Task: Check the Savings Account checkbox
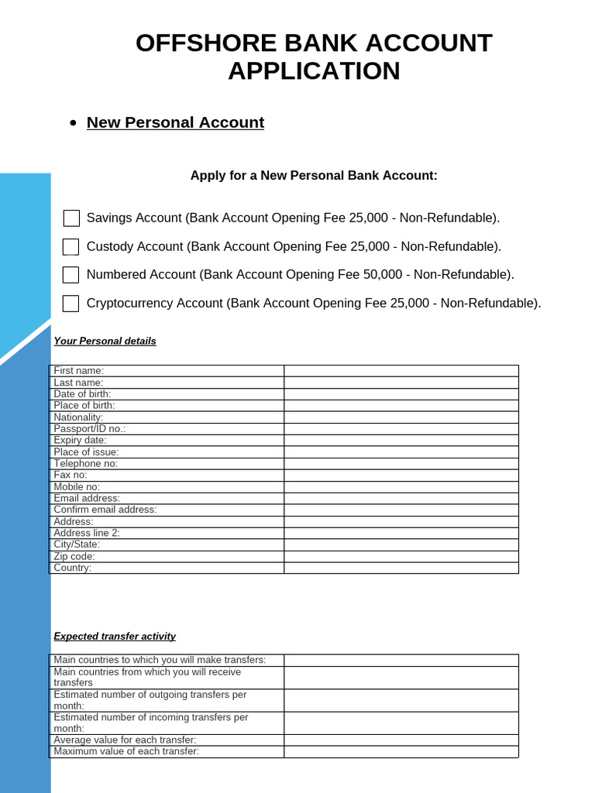(71, 218)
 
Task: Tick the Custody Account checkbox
(71, 247)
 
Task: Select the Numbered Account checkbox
(71, 275)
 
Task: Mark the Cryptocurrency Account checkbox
(71, 304)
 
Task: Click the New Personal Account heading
(175, 122)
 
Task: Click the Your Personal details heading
(105, 341)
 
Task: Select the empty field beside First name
(401, 371)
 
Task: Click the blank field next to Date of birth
(401, 394)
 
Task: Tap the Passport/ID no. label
(89, 428)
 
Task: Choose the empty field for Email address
(401, 498)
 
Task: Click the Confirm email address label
(105, 510)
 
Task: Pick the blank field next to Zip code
(401, 556)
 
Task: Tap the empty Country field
(401, 568)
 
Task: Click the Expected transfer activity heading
(115, 637)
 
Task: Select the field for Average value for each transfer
(401, 740)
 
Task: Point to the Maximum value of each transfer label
(126, 751)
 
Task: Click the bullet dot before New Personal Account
(73, 123)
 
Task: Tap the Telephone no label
(85, 463)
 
